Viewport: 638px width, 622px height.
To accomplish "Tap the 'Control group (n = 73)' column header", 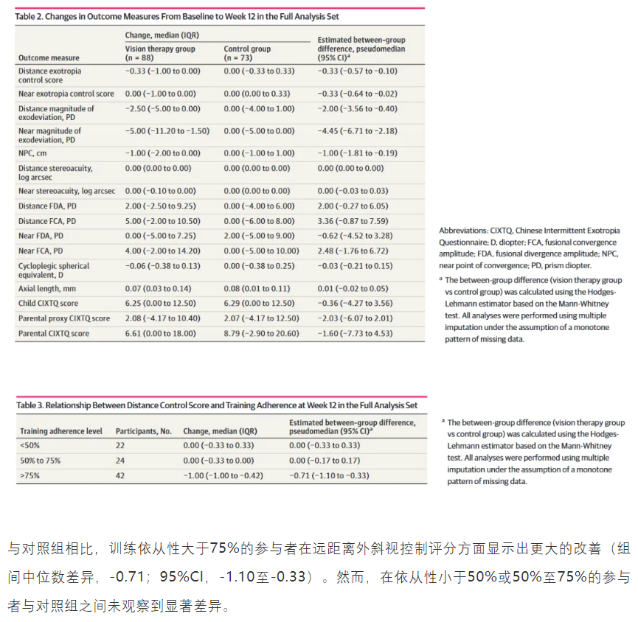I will pos(247,53).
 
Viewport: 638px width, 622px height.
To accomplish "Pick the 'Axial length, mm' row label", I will pos(47,288).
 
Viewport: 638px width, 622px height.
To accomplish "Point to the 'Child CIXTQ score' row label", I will pos(49,303).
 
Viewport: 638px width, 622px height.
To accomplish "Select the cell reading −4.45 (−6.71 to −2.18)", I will pos(357,130).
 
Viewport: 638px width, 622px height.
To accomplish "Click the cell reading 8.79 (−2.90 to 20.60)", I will pos(261,333).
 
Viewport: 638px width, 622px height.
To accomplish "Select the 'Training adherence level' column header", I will pos(61,430).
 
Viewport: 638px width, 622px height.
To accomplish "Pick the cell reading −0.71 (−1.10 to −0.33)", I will pos(329,475).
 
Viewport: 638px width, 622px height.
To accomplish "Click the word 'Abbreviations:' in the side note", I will pos(463,231).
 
